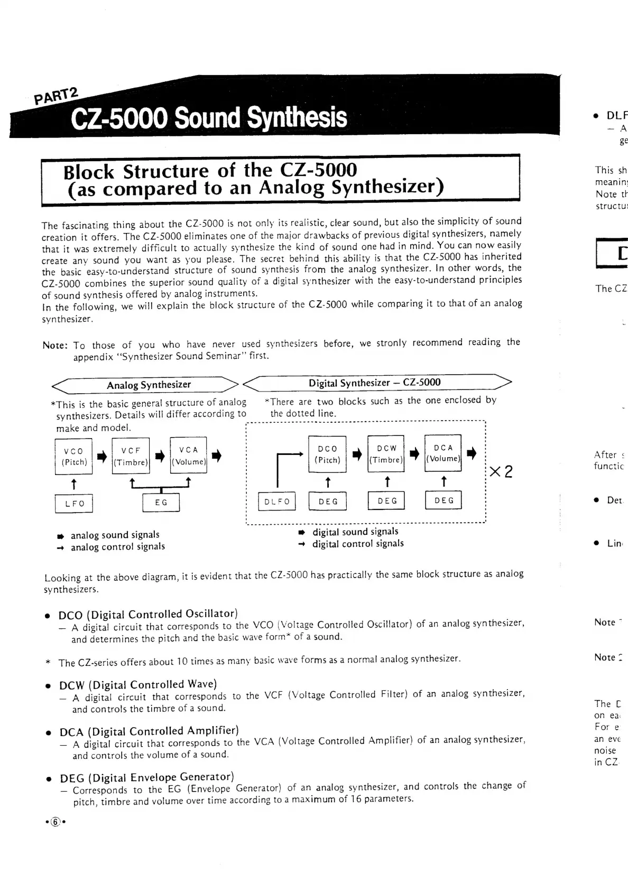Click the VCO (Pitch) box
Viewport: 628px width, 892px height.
(73, 457)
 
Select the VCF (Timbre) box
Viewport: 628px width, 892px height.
(131, 456)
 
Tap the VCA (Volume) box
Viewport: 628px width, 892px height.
(188, 456)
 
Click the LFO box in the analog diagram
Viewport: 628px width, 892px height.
(74, 503)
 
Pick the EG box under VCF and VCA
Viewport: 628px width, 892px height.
(161, 503)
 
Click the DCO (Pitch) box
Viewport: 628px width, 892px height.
(327, 454)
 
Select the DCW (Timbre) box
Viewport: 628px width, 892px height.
(386, 453)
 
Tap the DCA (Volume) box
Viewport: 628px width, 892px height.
(443, 453)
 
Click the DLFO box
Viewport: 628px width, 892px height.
(276, 501)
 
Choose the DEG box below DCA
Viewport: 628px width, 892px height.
(444, 500)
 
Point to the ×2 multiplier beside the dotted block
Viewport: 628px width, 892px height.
(501, 471)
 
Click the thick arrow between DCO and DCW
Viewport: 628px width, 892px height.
(357, 454)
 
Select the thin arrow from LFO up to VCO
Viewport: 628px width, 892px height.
(73, 484)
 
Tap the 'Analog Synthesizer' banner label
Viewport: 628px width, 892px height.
(149, 385)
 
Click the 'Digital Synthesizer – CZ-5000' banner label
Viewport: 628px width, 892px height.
(374, 383)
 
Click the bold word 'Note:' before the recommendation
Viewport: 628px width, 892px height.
(55, 346)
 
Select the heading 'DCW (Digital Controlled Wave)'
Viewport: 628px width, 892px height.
(138, 684)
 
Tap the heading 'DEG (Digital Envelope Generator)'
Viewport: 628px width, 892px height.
(146, 777)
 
